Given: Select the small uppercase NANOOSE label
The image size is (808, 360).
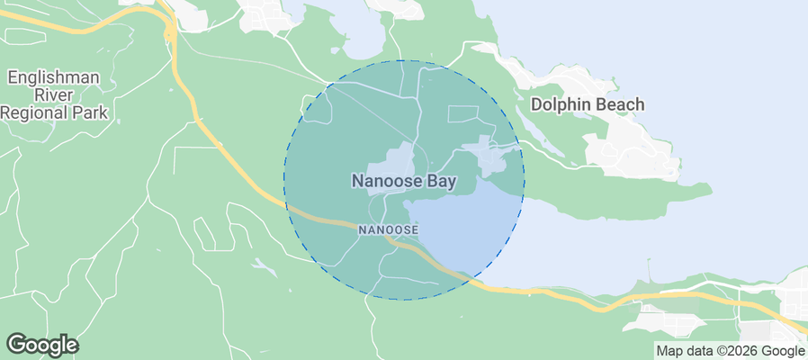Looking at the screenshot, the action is tap(387, 230).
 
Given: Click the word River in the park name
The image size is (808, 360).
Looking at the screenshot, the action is tap(53, 95).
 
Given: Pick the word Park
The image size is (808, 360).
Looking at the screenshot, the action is tap(92, 112).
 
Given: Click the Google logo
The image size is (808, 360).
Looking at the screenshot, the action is tap(41, 345).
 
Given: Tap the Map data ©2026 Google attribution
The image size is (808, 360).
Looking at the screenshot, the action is tap(730, 351).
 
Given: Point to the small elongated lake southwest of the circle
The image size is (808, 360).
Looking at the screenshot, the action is tap(264, 267).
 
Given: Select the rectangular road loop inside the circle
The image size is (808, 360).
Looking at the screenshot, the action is tap(463, 113).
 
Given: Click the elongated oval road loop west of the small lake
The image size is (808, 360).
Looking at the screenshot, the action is tap(204, 236).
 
